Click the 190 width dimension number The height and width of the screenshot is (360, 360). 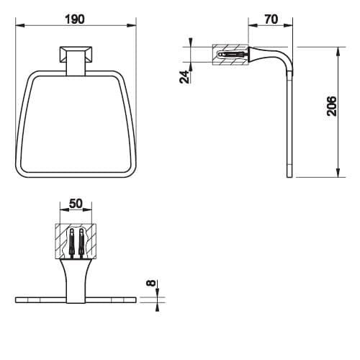[x=75, y=19]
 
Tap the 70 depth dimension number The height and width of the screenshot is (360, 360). [x=271, y=19]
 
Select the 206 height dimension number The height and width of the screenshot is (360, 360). [x=332, y=107]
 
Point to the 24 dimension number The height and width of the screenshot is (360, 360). [x=184, y=77]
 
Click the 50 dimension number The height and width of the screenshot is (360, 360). [x=76, y=204]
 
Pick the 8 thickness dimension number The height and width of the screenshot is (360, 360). [x=151, y=283]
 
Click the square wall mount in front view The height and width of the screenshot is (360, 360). [x=76, y=55]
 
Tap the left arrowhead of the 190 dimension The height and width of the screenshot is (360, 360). [x=20, y=25]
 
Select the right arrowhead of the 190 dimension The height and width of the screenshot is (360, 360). [x=132, y=25]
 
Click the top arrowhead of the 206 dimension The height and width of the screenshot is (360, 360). [x=338, y=52]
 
